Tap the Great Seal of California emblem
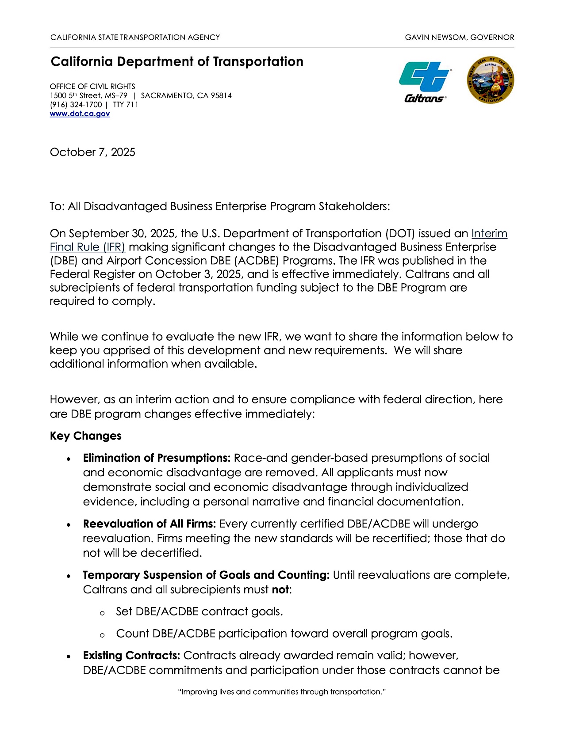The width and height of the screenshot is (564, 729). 491,80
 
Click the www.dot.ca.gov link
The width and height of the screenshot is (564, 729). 80,114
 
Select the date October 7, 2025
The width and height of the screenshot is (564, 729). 92,152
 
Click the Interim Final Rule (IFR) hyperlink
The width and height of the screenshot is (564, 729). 489,234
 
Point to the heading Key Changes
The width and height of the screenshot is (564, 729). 86,436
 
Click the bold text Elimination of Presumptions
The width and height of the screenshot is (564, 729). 157,458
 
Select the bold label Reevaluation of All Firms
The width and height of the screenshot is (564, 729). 149,524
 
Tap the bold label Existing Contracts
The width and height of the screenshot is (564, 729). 131,656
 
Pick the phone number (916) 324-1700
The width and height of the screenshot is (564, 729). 76,105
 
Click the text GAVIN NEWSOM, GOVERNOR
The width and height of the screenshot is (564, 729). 460,38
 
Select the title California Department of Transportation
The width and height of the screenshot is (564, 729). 177,62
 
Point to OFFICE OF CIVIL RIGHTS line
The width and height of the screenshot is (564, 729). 92,87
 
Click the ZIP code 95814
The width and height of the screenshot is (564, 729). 221,96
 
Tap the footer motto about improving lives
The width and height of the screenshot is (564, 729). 282,692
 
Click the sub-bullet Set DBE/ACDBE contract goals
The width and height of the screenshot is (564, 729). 199,612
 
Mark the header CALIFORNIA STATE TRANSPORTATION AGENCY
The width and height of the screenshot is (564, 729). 135,38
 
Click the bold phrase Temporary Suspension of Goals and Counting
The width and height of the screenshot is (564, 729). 206,575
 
